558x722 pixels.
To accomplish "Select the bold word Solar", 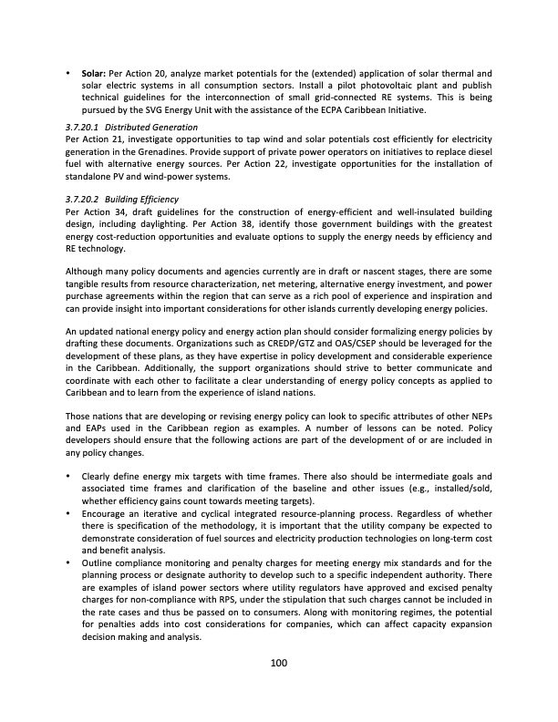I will pos(96,72).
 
